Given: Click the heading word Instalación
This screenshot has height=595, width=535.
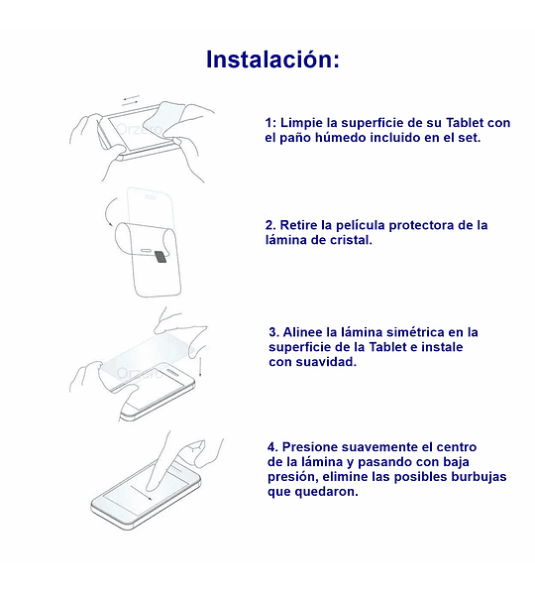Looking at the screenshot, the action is pos(272,59).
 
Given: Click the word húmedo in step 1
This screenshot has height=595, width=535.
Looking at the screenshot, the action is pos(341,138).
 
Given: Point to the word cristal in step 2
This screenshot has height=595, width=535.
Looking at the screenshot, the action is pos(351,240).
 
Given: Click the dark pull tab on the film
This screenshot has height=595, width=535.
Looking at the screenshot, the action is pos(161,257).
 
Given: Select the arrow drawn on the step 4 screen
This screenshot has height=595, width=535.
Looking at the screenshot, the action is pos(142,492).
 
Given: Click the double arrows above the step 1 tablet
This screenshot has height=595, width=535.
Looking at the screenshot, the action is pos(131,100).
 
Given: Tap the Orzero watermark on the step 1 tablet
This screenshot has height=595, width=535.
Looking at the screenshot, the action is pos(140,129).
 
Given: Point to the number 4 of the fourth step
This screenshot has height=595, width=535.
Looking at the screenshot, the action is pos(272,446).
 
